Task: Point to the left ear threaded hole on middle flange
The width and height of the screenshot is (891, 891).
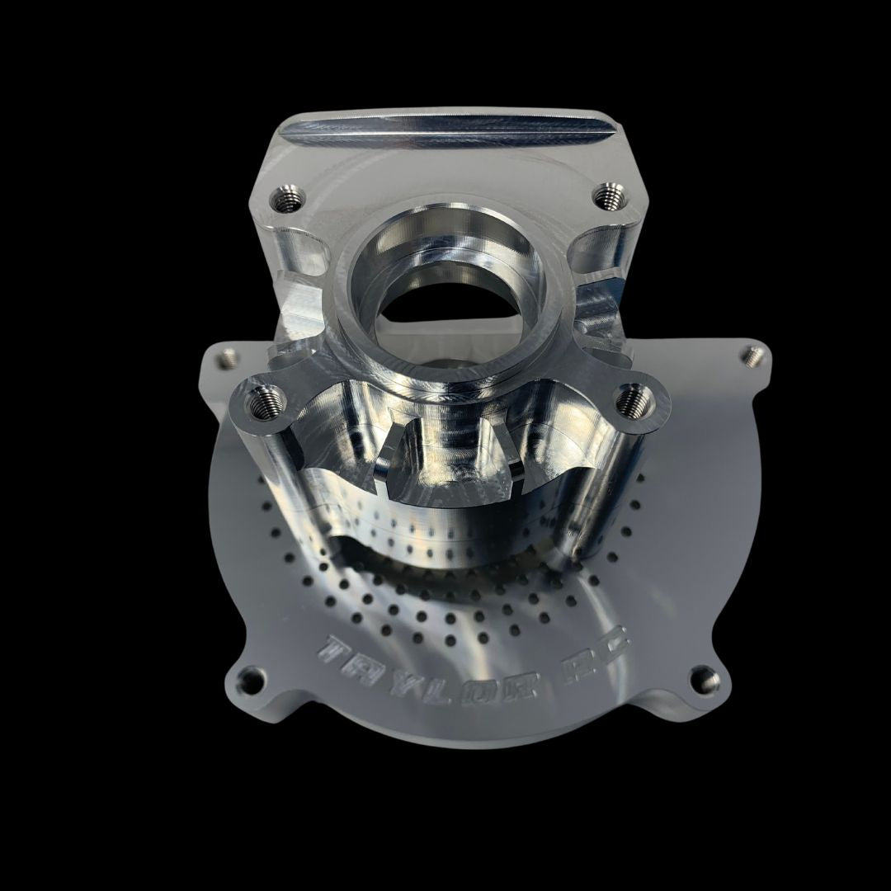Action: click(262, 403)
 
